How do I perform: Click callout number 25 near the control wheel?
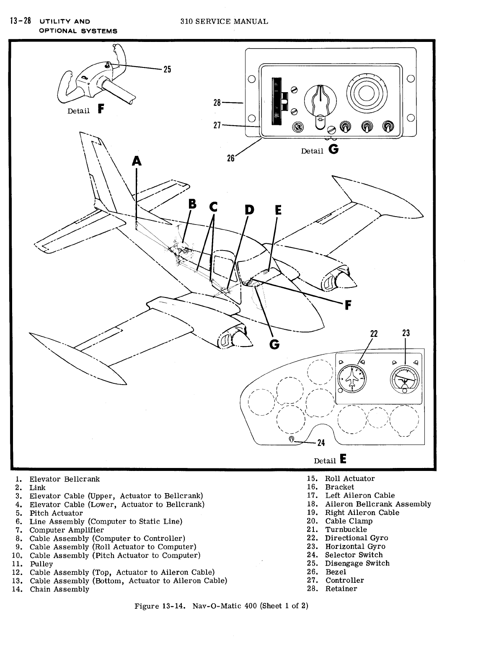click(167, 70)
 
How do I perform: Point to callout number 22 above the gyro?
click(374, 334)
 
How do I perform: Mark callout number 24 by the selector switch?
click(321, 442)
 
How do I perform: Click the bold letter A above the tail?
click(137, 161)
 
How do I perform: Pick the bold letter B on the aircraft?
click(192, 204)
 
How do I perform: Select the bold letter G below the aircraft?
click(275, 344)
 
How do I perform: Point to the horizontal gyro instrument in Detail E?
click(404, 378)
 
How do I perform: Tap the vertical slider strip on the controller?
click(276, 101)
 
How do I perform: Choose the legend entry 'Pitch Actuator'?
click(56, 513)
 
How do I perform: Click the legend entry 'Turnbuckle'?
click(346, 530)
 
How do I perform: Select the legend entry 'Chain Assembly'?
click(59, 589)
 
